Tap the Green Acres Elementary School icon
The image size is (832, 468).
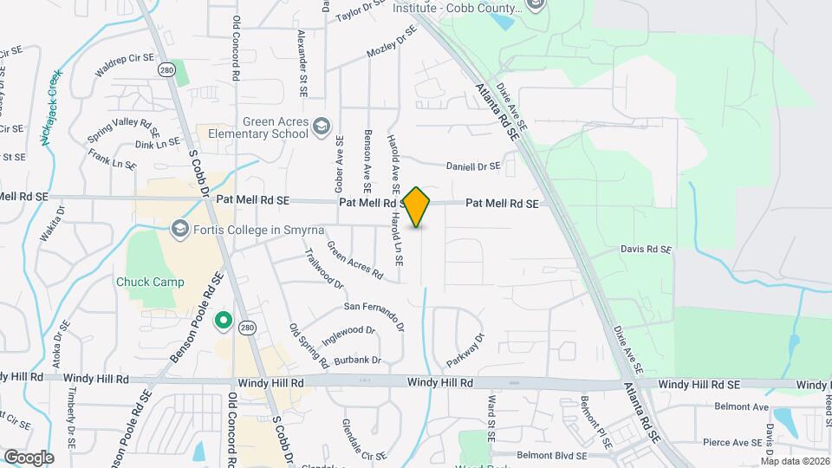(x=322, y=127)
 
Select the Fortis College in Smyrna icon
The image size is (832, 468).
(x=180, y=229)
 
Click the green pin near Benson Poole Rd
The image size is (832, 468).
(x=223, y=321)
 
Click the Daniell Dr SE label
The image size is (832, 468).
(x=473, y=166)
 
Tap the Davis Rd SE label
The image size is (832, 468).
(x=646, y=250)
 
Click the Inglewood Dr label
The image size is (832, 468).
(x=348, y=330)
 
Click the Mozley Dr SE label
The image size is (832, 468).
(x=392, y=41)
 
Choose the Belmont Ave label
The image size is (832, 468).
(x=742, y=406)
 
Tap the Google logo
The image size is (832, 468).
(x=28, y=458)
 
